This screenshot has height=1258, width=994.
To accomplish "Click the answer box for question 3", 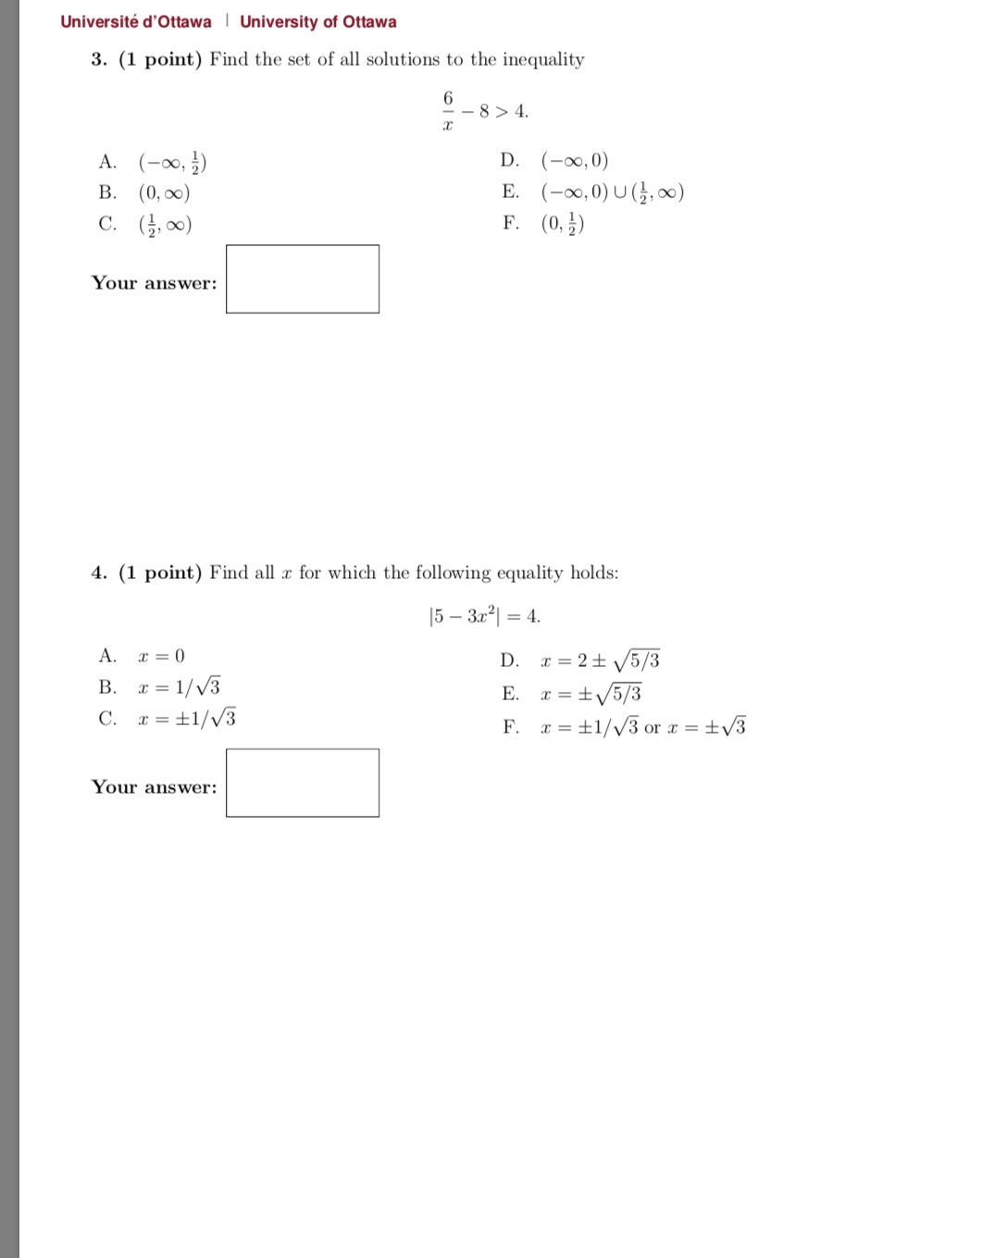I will coord(303,279).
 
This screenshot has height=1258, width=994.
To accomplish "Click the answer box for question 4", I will coord(303,783).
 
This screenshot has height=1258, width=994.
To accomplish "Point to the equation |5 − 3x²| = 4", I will coord(485,616).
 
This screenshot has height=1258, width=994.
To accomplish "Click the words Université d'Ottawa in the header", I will coord(136,21).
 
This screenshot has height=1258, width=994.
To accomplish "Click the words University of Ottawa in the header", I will coord(318,21).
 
